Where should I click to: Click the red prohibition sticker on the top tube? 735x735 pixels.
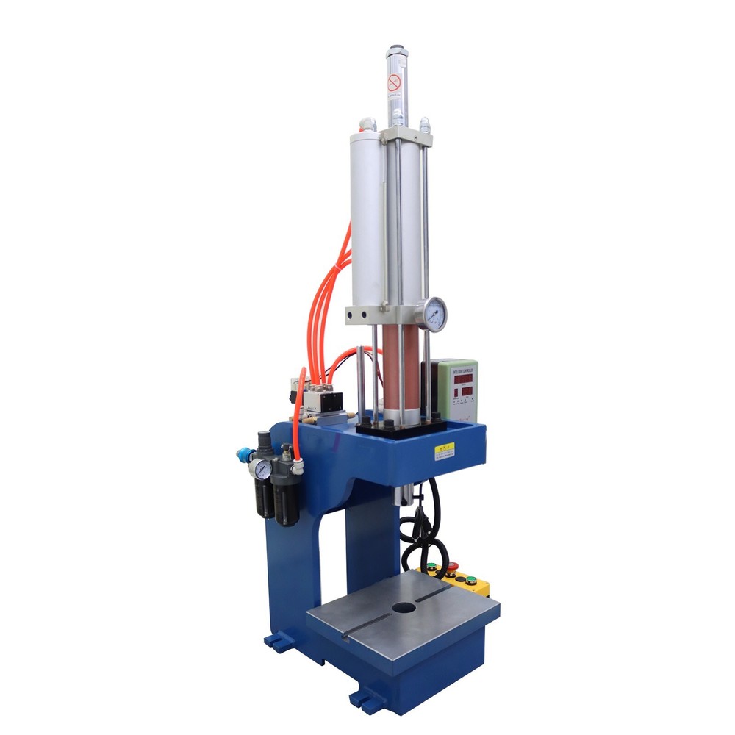coord(395,82)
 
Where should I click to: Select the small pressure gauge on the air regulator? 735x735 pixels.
coord(259,468)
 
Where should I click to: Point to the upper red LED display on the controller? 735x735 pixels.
coord(462,378)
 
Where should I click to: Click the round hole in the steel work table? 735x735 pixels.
coord(403,608)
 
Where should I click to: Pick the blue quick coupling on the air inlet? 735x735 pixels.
coord(242,455)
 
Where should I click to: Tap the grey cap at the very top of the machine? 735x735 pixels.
coord(396,51)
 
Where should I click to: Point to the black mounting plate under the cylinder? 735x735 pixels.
coord(401,429)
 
